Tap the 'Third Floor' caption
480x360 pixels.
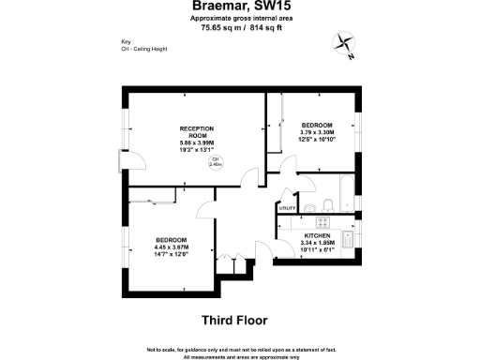[239, 318]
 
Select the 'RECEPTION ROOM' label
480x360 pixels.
[197, 131]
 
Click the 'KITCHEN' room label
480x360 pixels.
[316, 235]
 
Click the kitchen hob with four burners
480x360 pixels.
[322, 222]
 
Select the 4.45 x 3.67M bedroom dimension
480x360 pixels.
[172, 247]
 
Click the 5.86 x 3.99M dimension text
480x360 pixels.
[197, 142]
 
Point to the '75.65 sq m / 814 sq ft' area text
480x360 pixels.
[239, 27]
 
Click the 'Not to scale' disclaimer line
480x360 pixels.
[239, 350]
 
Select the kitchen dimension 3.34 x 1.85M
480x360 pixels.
[316, 243]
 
